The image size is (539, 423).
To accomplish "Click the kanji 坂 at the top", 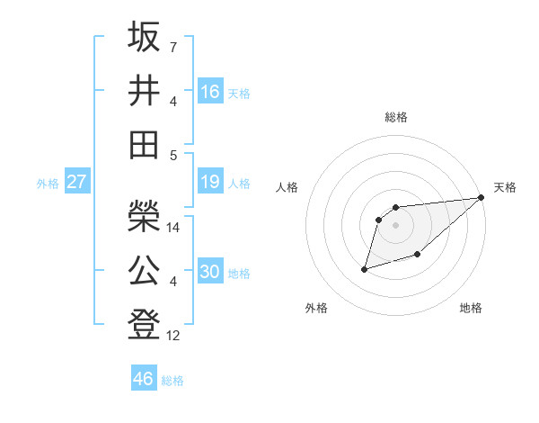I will coord(144,37).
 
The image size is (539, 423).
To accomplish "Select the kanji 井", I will coord(144,90).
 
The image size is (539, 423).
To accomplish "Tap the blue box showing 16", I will coord(210,91).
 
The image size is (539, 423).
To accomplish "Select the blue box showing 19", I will coord(210,183).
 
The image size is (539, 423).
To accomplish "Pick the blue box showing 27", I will coord(76,183).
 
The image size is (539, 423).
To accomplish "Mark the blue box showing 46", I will coord(144,379).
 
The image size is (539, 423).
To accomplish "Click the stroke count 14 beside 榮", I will coord(174,228).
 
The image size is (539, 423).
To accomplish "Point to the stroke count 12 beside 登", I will coord(174,336).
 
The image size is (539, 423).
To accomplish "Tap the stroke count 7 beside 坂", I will coord(173,46).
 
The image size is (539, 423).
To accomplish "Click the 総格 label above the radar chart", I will coord(395,117).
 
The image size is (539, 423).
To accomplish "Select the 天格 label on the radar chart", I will coord(505,187).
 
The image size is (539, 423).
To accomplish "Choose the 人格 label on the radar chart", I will coord(287,187).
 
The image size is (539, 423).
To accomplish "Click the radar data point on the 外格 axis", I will coord(364,268).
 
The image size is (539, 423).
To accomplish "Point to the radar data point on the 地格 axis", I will coord(417,255).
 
